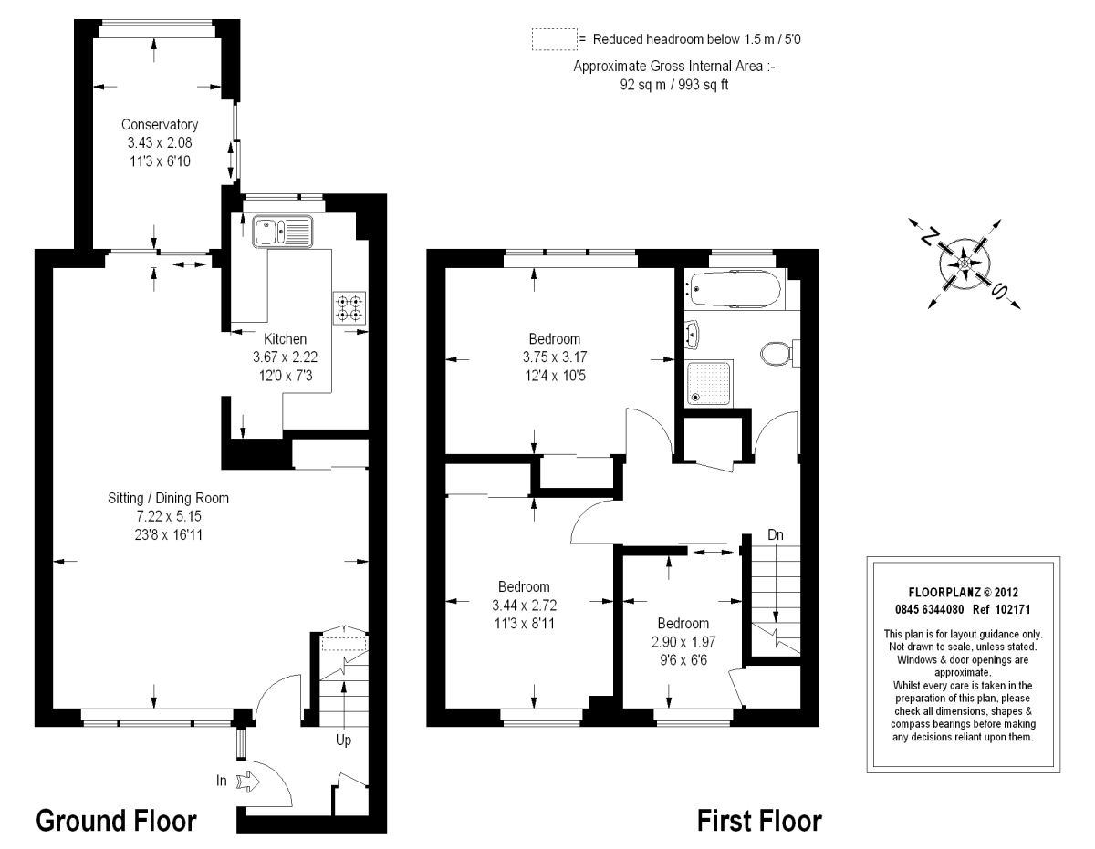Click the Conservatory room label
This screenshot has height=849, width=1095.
(x=160, y=125)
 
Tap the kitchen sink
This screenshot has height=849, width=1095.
(x=283, y=231)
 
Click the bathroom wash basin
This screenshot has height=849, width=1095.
(x=692, y=335)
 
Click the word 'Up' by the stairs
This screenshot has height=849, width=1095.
(x=343, y=740)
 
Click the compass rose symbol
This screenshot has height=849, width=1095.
(x=964, y=264)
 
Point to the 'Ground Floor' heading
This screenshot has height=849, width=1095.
(x=116, y=821)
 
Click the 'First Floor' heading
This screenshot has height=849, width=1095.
(x=759, y=821)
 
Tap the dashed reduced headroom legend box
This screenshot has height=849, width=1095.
(x=554, y=39)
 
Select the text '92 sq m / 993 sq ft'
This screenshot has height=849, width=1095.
(x=674, y=85)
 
